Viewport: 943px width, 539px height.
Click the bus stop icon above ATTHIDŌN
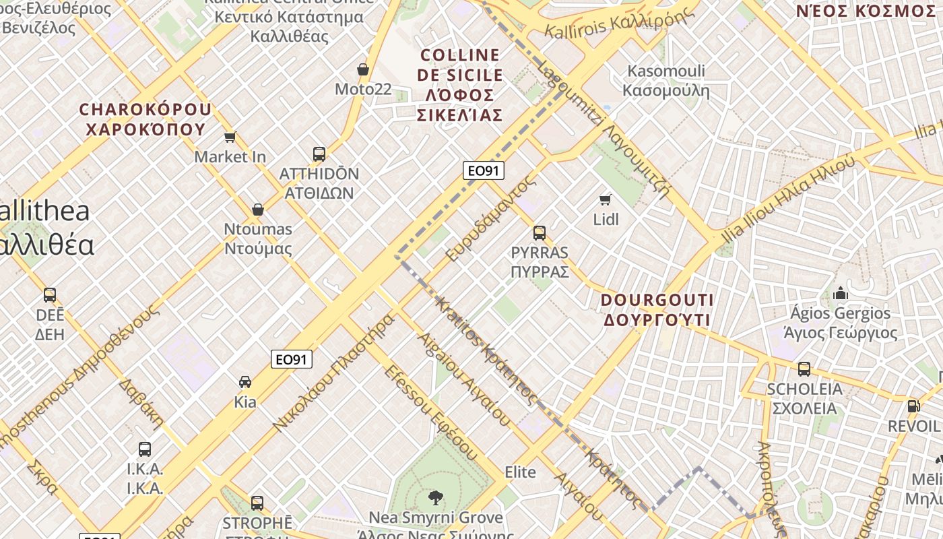(319, 154)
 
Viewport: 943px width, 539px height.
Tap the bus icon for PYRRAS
(540, 233)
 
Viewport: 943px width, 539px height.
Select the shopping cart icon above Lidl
(606, 199)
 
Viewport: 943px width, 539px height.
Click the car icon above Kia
(245, 382)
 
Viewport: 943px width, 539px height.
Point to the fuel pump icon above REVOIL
(913, 406)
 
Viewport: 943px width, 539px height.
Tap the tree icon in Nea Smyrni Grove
(436, 498)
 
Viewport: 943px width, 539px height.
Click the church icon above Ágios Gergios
(841, 293)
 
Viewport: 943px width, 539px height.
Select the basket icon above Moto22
(363, 69)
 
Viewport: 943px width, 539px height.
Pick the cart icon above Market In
(230, 137)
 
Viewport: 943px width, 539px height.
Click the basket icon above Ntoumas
(257, 210)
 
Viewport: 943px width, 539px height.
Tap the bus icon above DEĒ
(50, 295)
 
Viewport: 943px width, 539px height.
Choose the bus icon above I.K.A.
(145, 449)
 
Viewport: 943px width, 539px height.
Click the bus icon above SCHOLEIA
(804, 369)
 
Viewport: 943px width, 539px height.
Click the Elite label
(520, 472)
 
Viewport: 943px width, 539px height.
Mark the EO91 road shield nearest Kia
(292, 360)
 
